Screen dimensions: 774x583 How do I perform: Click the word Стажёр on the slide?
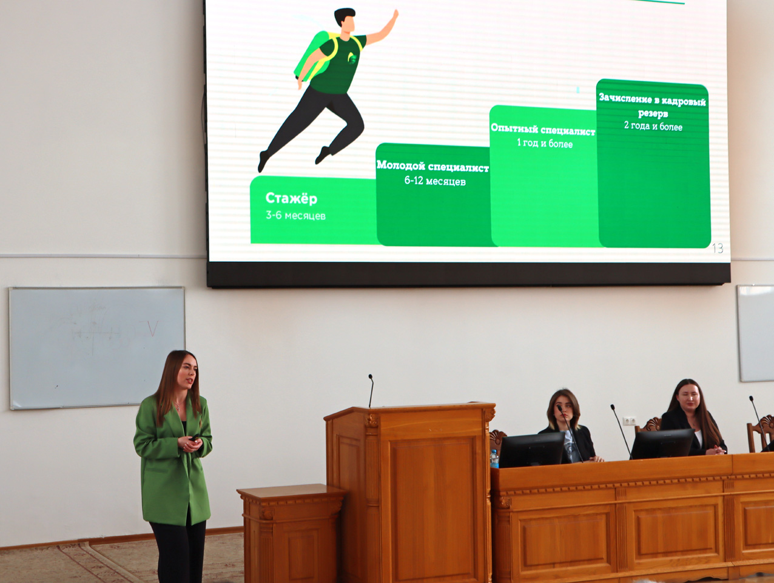click(x=291, y=198)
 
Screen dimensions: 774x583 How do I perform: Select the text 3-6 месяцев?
click(x=295, y=215)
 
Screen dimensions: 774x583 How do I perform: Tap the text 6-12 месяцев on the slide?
click(x=435, y=181)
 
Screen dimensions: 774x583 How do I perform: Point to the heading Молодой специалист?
click(x=432, y=166)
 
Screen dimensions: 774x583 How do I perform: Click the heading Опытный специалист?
click(x=543, y=129)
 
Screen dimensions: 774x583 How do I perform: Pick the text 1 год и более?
click(x=545, y=143)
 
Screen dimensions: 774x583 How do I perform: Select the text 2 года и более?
click(x=653, y=126)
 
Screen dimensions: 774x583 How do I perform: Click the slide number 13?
click(x=718, y=248)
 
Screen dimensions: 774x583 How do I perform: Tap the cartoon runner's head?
click(x=345, y=21)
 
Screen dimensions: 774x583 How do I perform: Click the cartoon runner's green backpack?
click(x=312, y=55)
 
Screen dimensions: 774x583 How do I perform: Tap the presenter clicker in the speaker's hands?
click(x=194, y=438)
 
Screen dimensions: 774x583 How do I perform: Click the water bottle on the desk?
click(x=494, y=458)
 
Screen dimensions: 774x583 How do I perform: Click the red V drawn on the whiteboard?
click(x=152, y=328)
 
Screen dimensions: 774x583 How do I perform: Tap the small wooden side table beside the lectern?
click(x=292, y=533)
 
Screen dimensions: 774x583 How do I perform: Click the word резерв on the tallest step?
click(x=653, y=113)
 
